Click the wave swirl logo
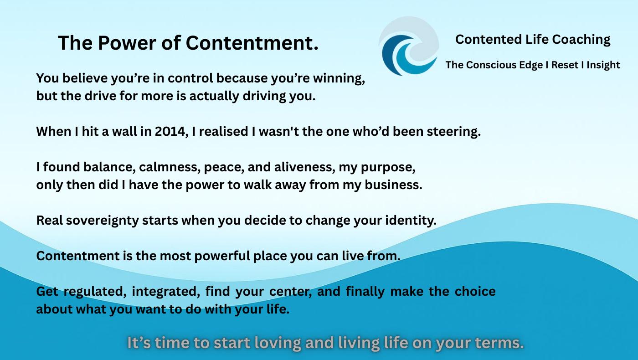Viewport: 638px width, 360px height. coord(409,46)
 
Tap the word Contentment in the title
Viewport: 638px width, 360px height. coord(252,43)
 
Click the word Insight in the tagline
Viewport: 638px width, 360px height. coord(603,65)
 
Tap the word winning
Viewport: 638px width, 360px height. coord(339,78)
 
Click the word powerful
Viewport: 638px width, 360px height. coord(222,256)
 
